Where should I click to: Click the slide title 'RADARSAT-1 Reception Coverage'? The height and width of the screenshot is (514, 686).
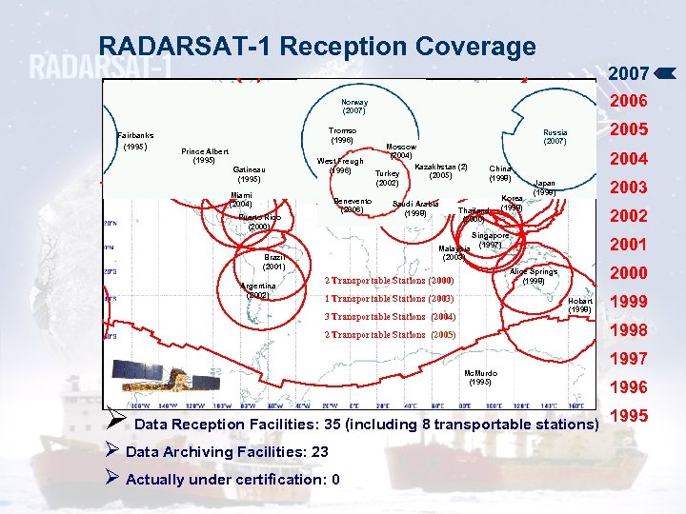click(317, 47)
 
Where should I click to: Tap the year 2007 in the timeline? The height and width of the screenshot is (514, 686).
click(628, 72)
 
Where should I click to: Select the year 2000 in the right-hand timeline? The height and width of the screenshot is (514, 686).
click(628, 273)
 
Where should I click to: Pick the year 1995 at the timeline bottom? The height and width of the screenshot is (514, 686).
click(628, 416)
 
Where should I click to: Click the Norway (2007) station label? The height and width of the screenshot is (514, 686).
click(354, 106)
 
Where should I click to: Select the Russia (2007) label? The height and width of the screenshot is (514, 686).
click(555, 137)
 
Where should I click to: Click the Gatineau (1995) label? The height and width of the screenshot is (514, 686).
click(250, 173)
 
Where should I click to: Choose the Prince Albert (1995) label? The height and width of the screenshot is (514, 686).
click(204, 155)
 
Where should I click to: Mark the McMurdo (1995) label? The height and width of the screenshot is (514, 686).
click(480, 377)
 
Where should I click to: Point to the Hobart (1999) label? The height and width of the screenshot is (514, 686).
click(579, 305)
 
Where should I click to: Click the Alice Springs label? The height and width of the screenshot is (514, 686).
click(534, 272)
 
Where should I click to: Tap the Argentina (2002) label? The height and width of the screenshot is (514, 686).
click(258, 290)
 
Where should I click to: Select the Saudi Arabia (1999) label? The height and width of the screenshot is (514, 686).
click(415, 208)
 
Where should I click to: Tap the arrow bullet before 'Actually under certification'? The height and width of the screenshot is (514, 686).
click(112, 478)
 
